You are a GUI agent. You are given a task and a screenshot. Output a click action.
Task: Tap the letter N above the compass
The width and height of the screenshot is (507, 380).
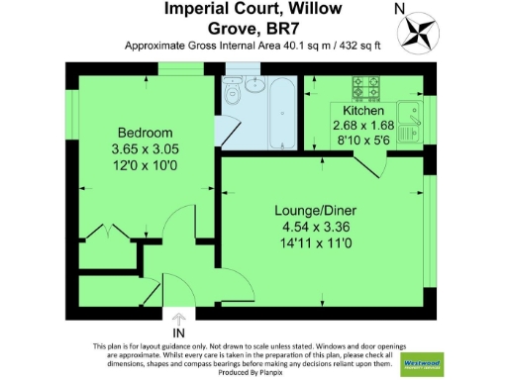(x=399, y=8)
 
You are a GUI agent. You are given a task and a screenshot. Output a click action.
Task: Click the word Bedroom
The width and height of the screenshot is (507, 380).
(x=146, y=133)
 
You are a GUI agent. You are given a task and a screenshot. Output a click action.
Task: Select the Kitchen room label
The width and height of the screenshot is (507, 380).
(x=362, y=111)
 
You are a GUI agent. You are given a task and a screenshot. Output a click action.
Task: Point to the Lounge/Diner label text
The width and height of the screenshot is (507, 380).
(x=316, y=210)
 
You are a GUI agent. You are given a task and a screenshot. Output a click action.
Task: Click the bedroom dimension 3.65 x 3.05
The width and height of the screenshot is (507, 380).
(x=146, y=148)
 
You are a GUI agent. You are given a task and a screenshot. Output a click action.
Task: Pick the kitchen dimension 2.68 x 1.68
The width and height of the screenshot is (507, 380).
(x=362, y=126)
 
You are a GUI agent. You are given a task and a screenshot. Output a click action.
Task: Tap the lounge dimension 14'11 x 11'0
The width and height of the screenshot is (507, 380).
(x=316, y=241)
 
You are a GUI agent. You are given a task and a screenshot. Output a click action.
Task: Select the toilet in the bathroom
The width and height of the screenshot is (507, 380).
(x=233, y=94)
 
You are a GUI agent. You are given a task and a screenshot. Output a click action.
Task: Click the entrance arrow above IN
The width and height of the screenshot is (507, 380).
(x=178, y=321)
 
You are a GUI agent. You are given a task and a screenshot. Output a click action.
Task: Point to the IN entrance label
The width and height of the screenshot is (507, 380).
(x=178, y=333)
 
